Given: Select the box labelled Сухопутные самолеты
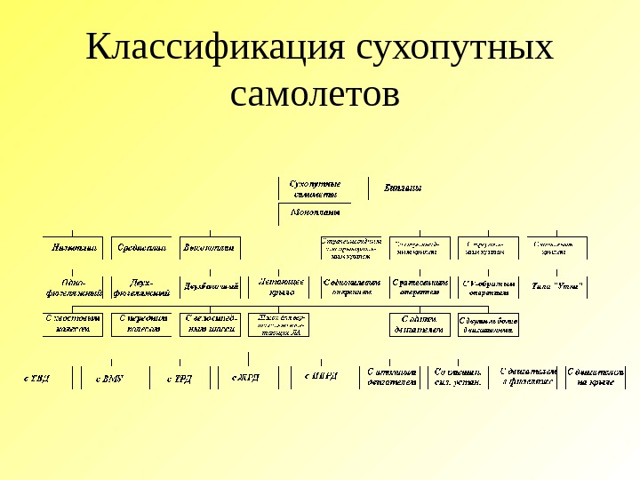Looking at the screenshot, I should click(x=322, y=188).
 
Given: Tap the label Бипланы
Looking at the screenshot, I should click(x=402, y=188).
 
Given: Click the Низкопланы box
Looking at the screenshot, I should click(x=74, y=247).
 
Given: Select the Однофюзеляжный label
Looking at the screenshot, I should click(x=74, y=286).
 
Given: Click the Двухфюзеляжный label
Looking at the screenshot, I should click(x=142, y=286).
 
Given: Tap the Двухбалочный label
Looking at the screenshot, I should click(x=211, y=287).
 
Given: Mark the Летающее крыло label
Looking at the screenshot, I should click(x=282, y=286).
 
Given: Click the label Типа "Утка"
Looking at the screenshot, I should click(x=556, y=287).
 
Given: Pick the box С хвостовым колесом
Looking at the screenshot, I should click(x=73, y=324).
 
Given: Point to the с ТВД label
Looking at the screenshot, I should click(x=37, y=378).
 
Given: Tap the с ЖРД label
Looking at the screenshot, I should click(x=246, y=378).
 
